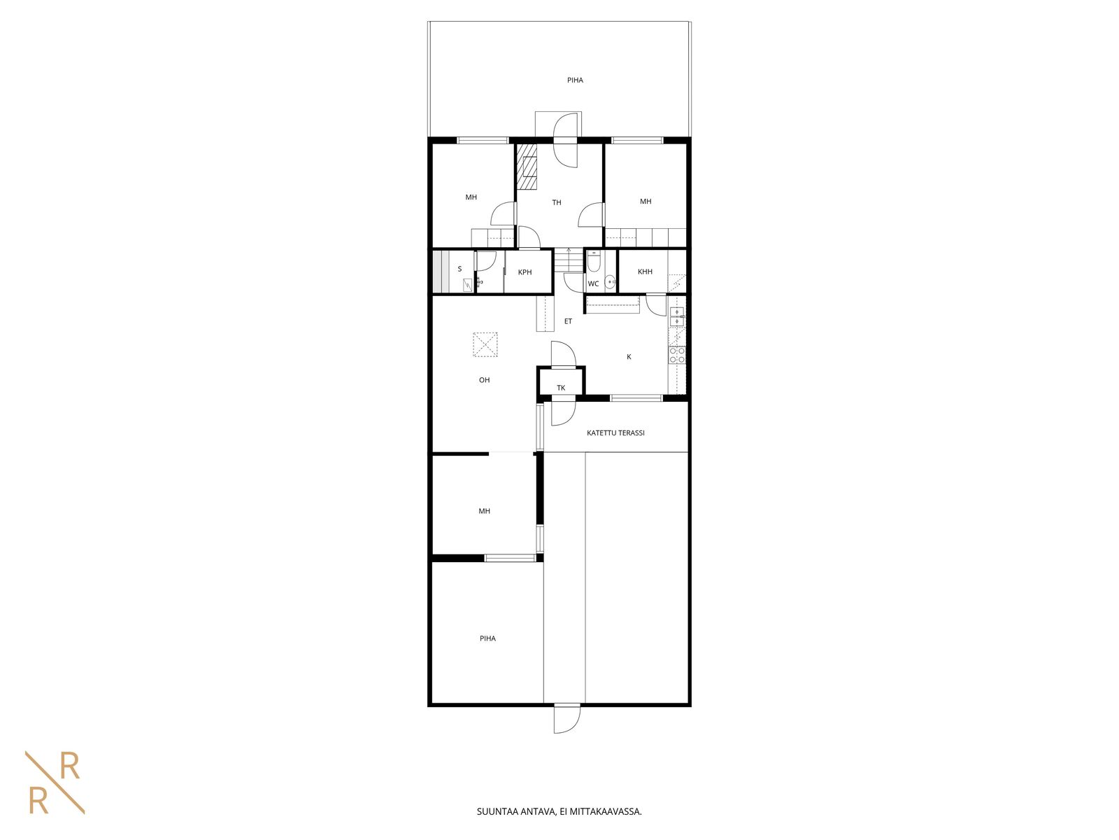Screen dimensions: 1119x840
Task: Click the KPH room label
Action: click(x=525, y=272)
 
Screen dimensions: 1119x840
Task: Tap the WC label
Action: click(x=593, y=284)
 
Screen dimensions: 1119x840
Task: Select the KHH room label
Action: click(x=645, y=272)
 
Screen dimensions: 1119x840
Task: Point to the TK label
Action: click(x=561, y=388)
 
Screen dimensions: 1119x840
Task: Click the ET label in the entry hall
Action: click(x=568, y=321)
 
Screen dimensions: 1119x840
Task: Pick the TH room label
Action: click(x=557, y=202)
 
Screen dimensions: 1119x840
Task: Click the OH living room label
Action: click(x=484, y=380)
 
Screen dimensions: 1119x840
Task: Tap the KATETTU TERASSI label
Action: click(x=615, y=433)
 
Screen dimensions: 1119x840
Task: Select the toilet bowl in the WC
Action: click(x=593, y=261)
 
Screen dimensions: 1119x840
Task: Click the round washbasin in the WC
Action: click(x=610, y=281)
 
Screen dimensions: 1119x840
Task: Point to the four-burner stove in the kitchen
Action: click(x=677, y=355)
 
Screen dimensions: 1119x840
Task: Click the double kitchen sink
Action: click(x=677, y=316)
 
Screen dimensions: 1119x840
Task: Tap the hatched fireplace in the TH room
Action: click(x=527, y=167)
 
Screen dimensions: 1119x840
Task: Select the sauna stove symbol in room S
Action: click(x=467, y=285)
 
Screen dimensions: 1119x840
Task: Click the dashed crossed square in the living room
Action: click(x=485, y=345)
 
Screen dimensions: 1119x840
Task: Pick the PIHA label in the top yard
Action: click(x=575, y=80)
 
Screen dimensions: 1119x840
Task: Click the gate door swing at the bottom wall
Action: click(x=567, y=719)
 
